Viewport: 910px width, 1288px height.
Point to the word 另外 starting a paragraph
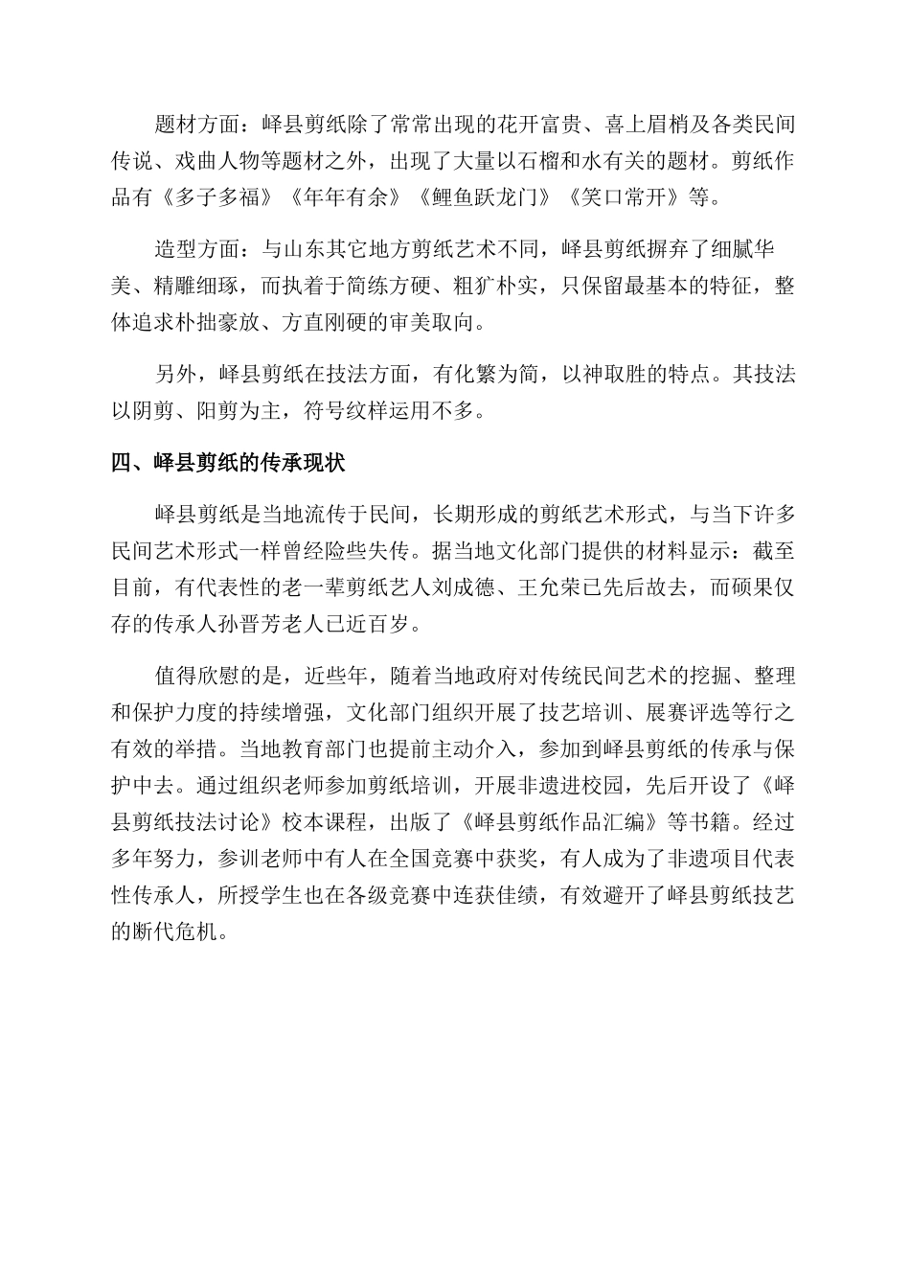(176, 375)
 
